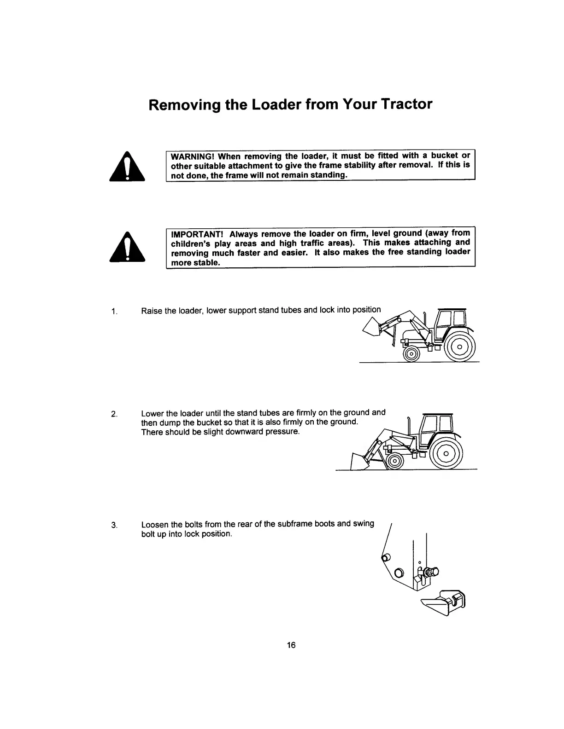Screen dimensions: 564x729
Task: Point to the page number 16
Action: (x=291, y=645)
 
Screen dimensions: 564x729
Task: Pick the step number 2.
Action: (x=114, y=413)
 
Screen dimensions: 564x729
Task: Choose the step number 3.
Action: (x=114, y=525)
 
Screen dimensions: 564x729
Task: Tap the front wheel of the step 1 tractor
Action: (x=411, y=353)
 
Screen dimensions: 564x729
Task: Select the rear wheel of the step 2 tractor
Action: (x=446, y=453)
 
